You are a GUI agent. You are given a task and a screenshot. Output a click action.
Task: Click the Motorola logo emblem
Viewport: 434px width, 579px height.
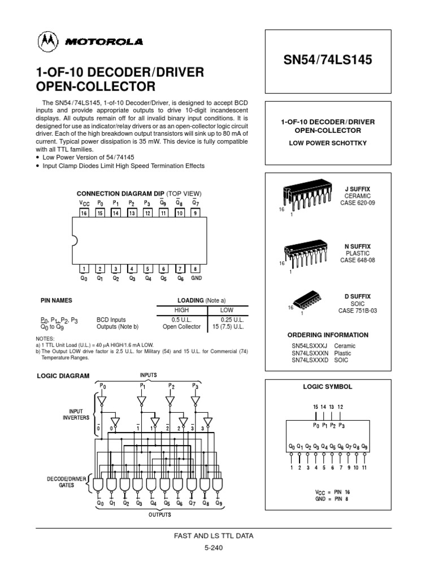(x=47, y=41)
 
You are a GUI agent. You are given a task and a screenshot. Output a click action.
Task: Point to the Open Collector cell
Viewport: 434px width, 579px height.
(x=181, y=326)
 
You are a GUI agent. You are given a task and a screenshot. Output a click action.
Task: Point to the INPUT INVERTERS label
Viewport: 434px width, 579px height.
(x=76, y=414)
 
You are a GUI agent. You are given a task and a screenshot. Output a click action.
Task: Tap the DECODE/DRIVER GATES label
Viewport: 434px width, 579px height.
(x=67, y=481)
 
